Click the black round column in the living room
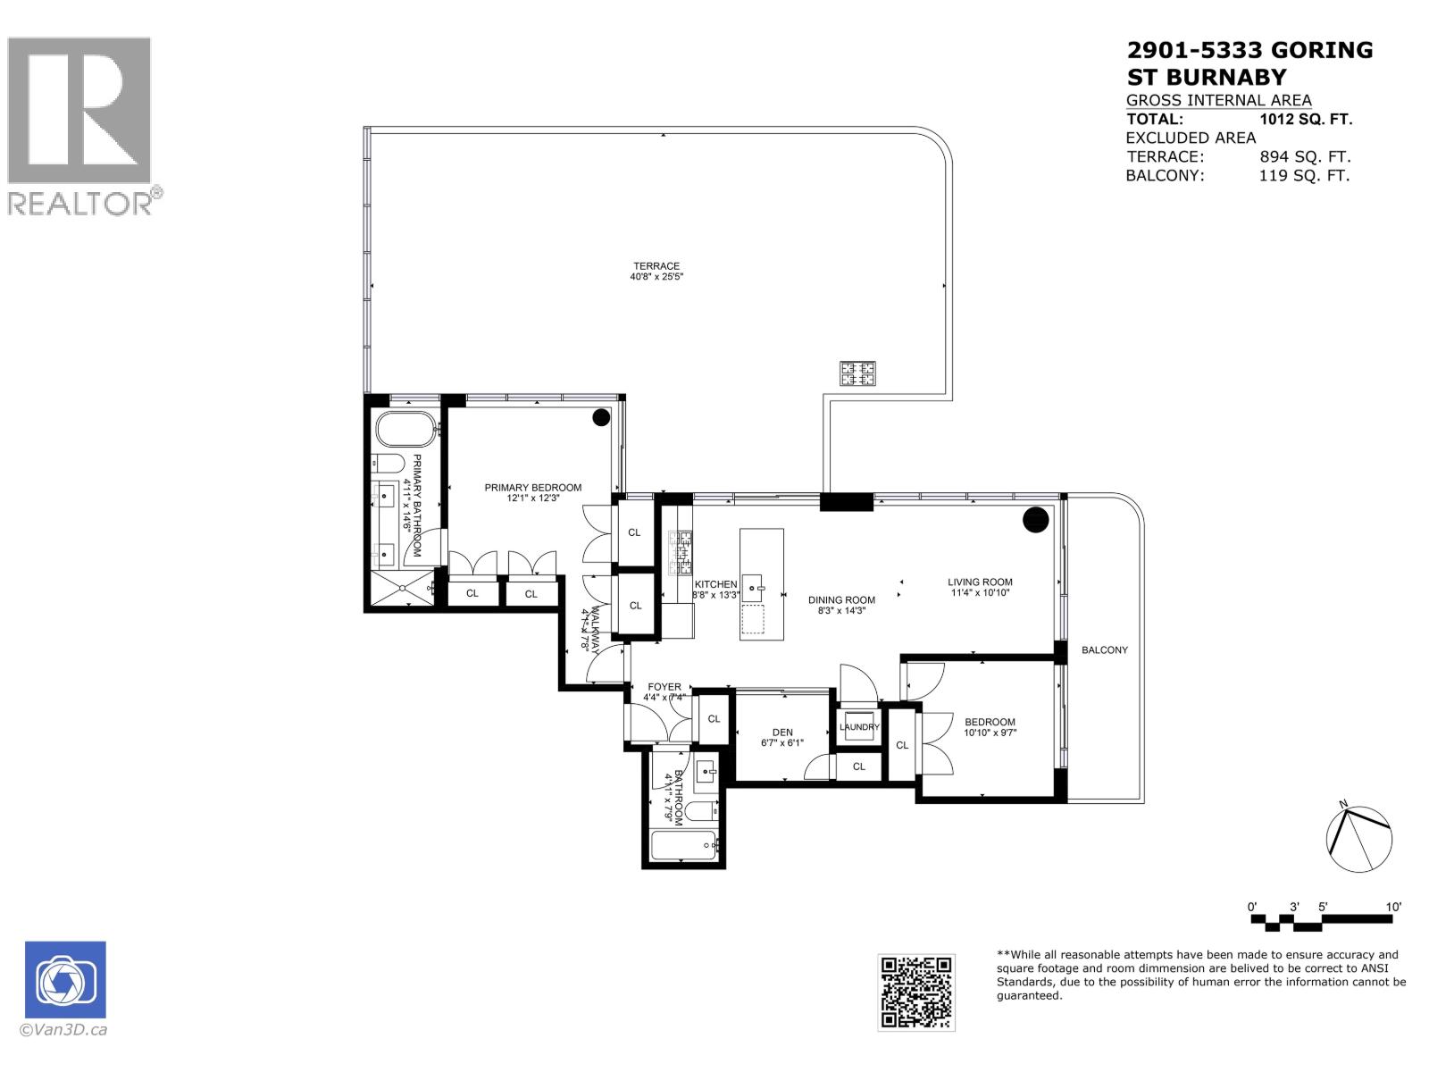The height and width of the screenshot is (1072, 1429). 1035,519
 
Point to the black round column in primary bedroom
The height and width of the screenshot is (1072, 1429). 601,417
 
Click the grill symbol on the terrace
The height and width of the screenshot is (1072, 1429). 857,373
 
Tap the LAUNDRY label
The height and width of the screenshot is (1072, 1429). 859,727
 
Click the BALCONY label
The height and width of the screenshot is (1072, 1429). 1105,650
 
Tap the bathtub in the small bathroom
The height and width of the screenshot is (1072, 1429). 684,845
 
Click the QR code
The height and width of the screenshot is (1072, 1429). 916,992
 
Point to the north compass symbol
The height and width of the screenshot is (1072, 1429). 1358,839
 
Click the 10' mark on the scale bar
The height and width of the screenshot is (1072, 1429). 1393,907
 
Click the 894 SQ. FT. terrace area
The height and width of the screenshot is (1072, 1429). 1305,156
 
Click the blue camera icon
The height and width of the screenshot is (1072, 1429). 65,980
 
